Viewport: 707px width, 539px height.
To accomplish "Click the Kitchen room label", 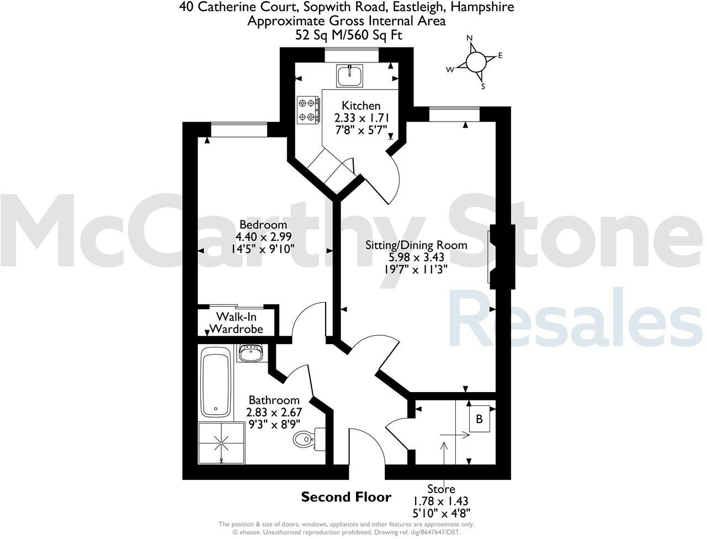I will [x=361, y=105].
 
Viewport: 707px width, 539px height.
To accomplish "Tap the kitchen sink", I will [x=350, y=75].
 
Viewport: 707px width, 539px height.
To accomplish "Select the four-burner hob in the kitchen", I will [x=309, y=109].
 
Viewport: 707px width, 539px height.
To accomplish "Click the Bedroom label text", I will [x=263, y=225].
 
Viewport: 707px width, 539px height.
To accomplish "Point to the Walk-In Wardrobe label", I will [x=239, y=323].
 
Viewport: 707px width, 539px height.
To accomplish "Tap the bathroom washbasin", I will [x=251, y=352].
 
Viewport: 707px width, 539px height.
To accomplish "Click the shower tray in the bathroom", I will [x=221, y=443].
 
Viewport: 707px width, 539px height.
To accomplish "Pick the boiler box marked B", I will [x=479, y=419].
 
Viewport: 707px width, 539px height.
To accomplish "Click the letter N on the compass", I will [x=470, y=38].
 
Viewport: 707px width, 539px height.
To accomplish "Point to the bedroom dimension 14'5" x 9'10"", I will [x=264, y=249].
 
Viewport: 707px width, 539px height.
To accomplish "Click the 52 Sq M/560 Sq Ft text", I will [x=349, y=35].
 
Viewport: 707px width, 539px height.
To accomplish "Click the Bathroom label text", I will [x=274, y=400].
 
